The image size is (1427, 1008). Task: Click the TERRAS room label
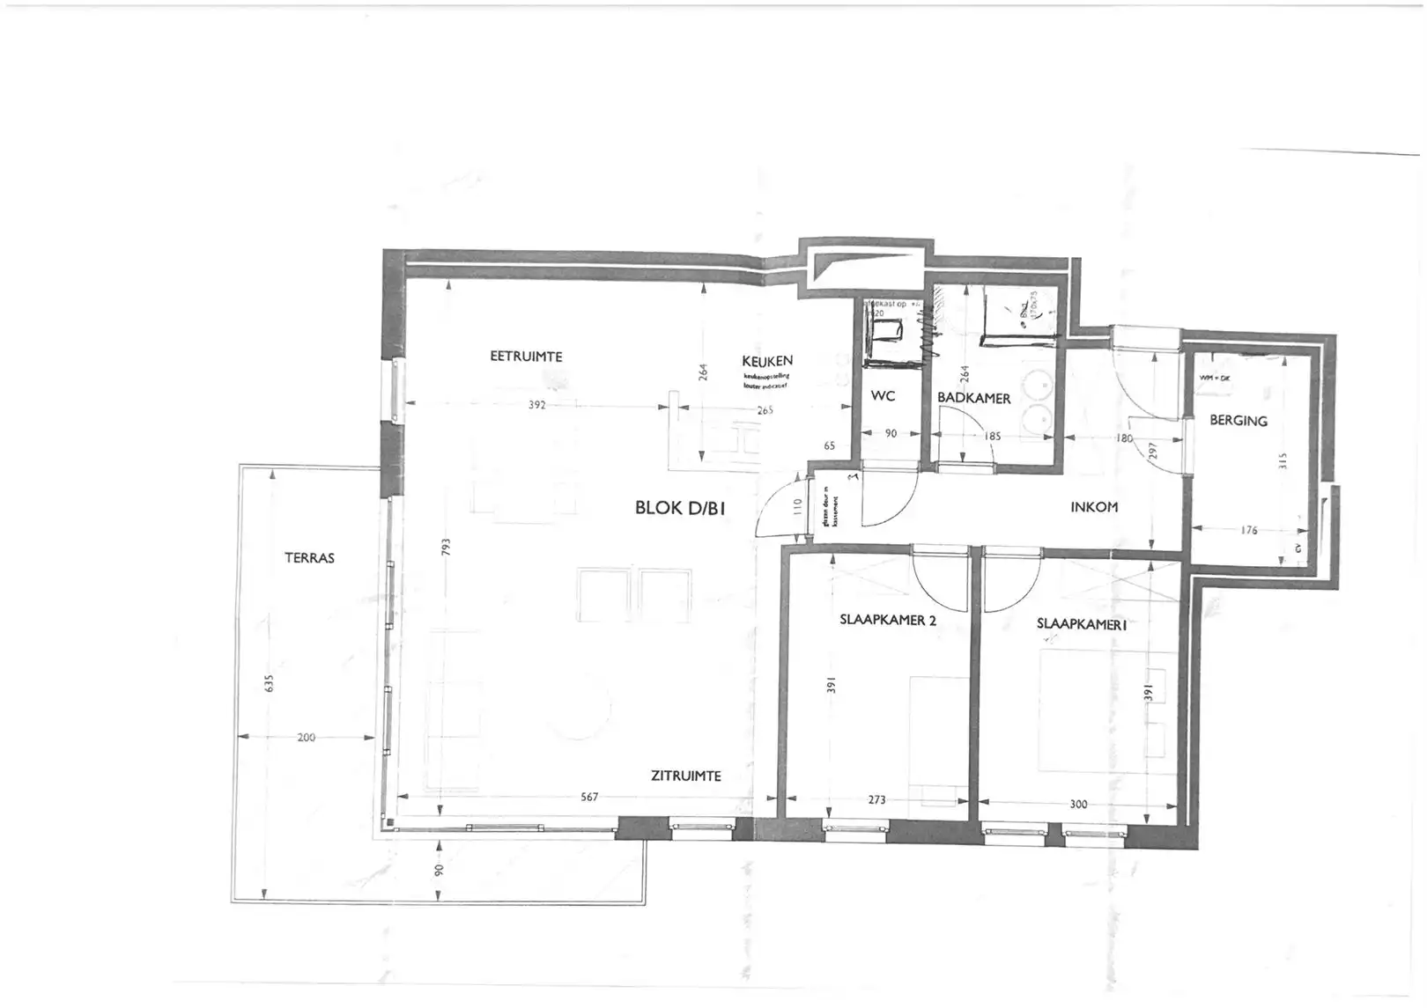click(309, 558)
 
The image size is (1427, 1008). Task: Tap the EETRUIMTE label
click(526, 357)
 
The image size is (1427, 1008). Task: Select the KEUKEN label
click(767, 361)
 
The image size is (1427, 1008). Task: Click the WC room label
click(883, 396)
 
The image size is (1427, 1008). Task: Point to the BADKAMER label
click(973, 398)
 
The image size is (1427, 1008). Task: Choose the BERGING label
click(1238, 421)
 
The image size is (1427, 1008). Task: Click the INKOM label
click(1094, 507)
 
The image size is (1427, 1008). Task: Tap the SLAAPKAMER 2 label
click(888, 620)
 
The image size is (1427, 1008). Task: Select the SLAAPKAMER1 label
click(1082, 624)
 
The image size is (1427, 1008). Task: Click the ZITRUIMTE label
click(685, 776)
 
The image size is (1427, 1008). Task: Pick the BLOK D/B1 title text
click(680, 508)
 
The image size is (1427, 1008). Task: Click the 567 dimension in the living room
click(589, 797)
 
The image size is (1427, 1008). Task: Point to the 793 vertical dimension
click(446, 548)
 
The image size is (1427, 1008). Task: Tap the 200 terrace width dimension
click(306, 738)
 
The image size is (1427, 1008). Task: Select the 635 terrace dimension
click(270, 683)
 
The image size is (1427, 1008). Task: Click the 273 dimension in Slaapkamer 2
click(876, 800)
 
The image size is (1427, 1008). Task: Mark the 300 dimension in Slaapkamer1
click(1078, 804)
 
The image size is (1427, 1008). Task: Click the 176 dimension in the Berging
click(1248, 530)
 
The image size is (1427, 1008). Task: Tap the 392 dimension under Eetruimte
click(537, 405)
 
